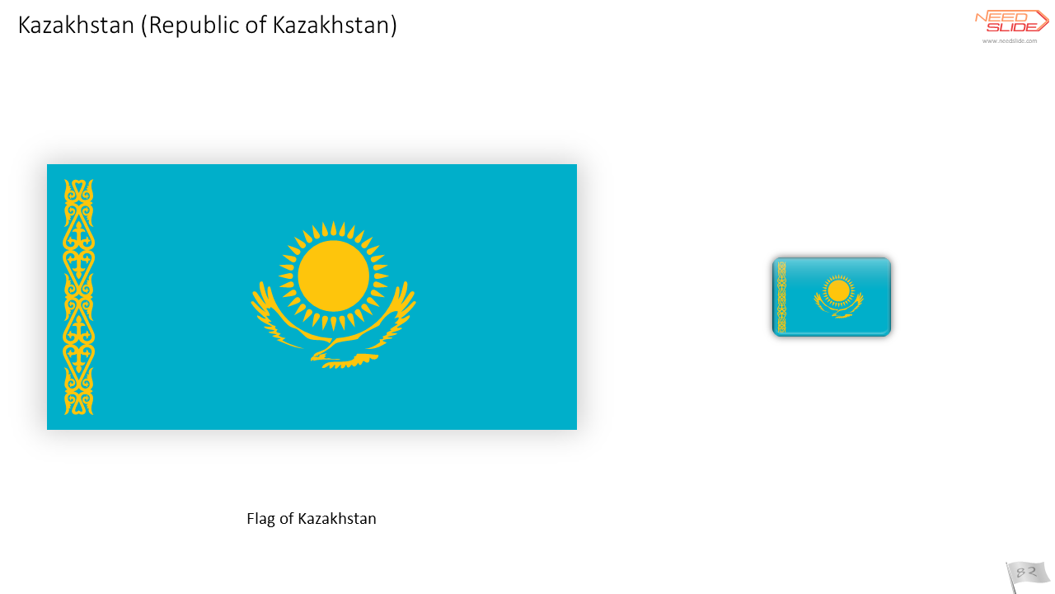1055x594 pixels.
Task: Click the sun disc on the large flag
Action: tap(334, 276)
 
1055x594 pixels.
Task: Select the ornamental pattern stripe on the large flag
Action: tap(78, 297)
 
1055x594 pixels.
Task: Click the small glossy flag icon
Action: tap(832, 296)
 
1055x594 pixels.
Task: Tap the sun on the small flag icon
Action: tap(839, 291)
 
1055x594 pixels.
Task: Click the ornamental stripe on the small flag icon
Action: tap(782, 298)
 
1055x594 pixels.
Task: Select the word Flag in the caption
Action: tap(261, 519)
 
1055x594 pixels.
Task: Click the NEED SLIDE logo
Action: tap(1011, 21)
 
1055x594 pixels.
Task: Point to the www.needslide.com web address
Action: tap(1010, 41)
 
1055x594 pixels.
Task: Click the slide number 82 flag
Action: tap(1028, 576)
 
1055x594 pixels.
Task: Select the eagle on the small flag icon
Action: tap(839, 306)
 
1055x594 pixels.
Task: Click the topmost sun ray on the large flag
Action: tap(334, 229)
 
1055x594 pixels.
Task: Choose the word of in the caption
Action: tap(286, 519)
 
